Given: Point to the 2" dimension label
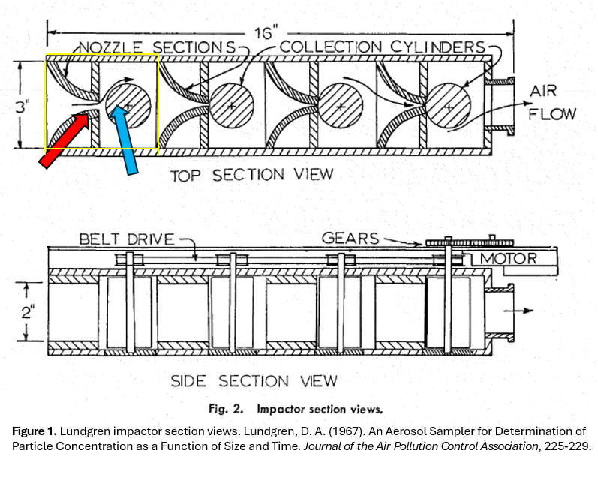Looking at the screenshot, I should pyautogui.click(x=28, y=313).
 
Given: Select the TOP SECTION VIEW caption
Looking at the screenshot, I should pyautogui.click(x=251, y=175).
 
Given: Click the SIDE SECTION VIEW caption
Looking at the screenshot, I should pyautogui.click(x=254, y=380).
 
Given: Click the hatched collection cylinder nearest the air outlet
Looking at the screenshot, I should pyautogui.click(x=448, y=106).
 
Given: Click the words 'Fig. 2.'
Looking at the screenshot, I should pyautogui.click(x=225, y=410).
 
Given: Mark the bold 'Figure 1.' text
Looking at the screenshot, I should pyautogui.click(x=35, y=431).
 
